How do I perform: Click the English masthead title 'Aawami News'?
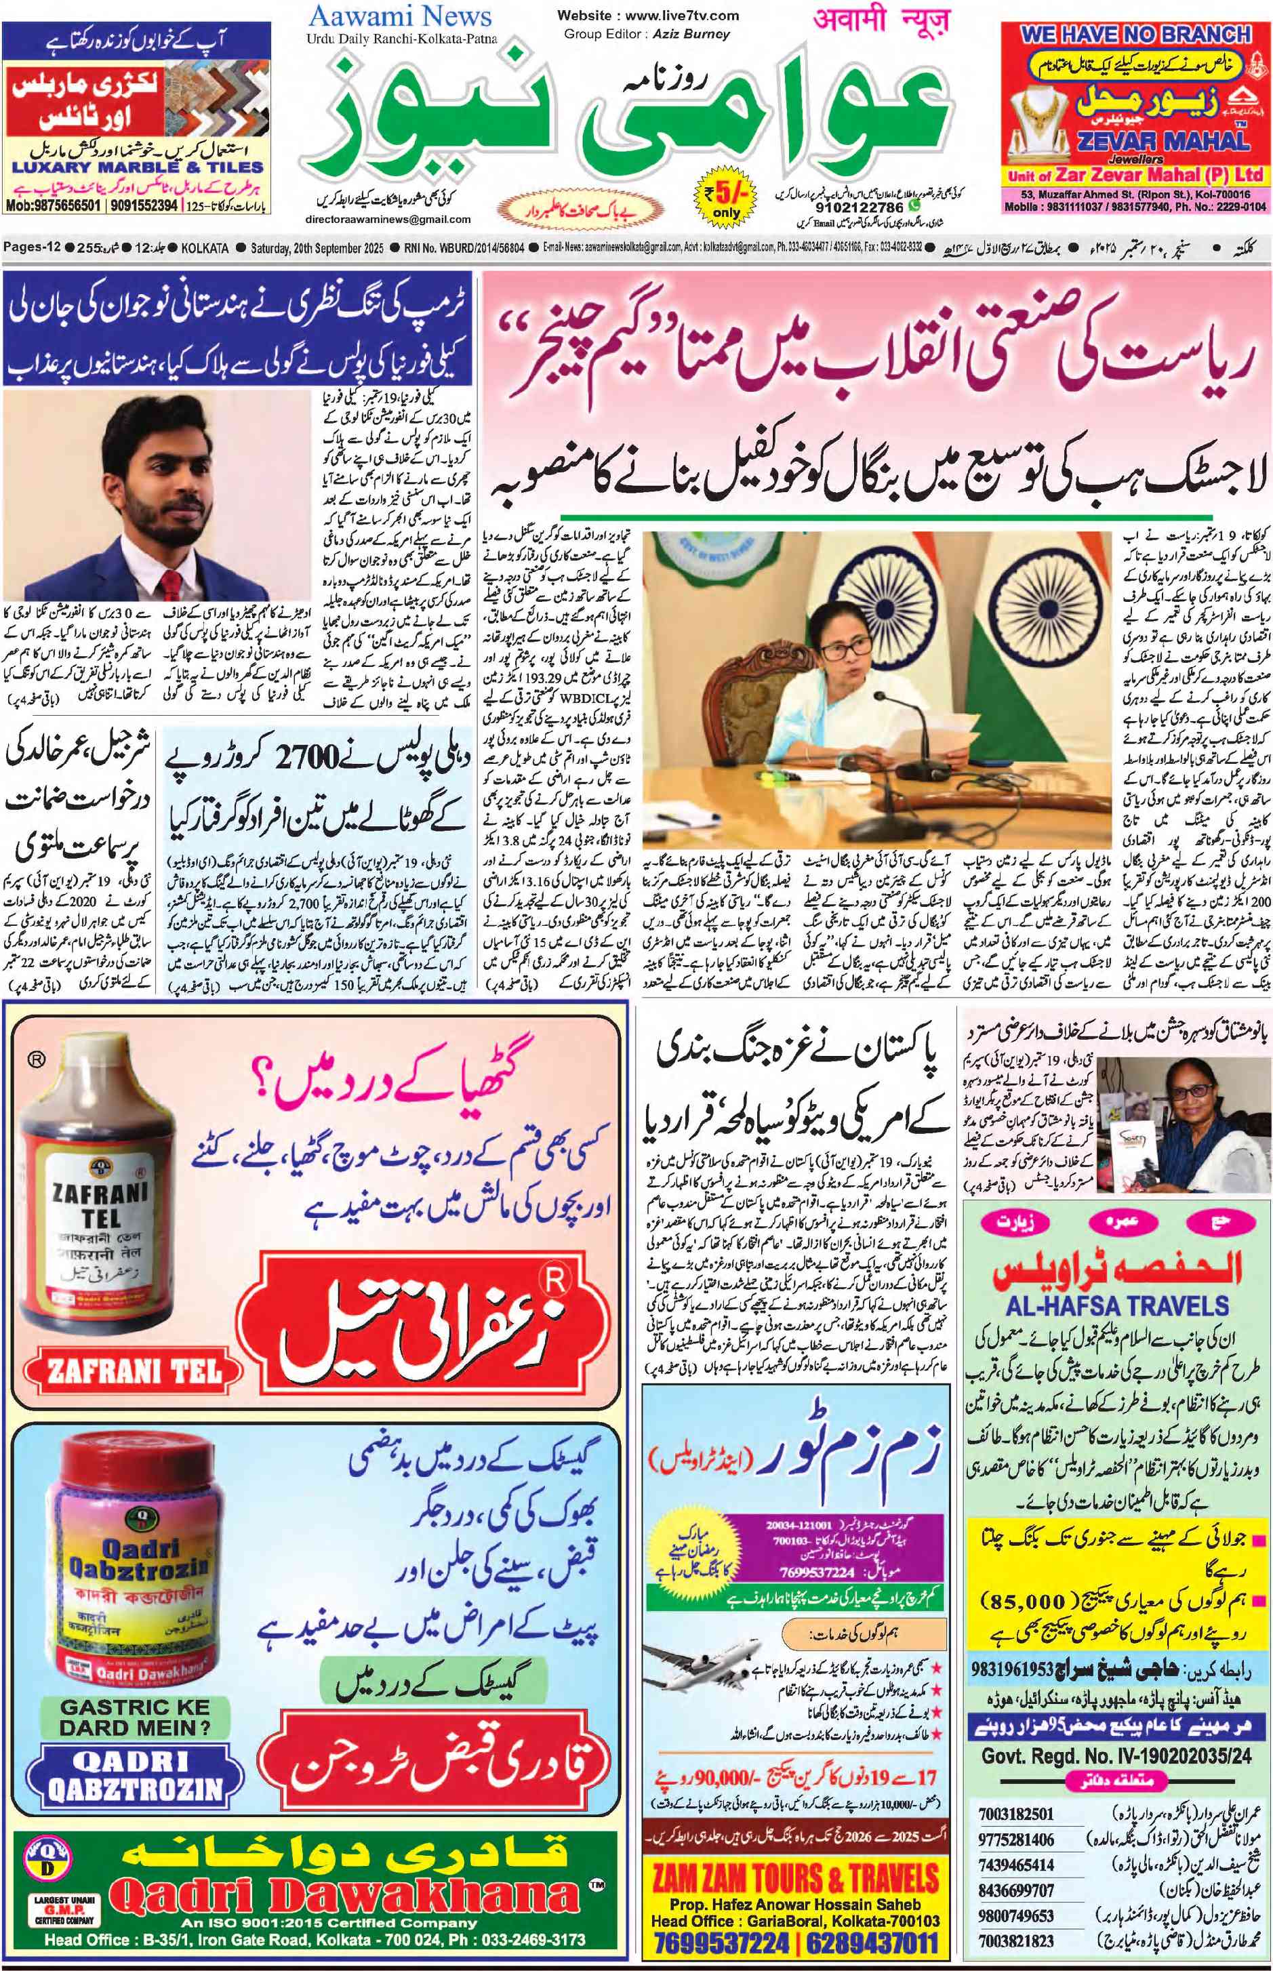400,16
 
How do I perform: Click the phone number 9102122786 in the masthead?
859,208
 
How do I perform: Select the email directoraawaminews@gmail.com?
388,220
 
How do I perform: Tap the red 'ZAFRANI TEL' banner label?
135,1371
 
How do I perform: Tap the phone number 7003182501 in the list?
1016,1814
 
